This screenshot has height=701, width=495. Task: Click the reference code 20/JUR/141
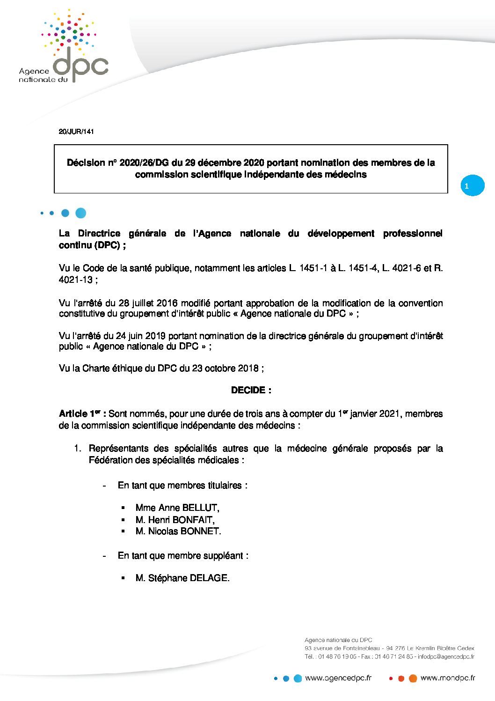tap(76, 132)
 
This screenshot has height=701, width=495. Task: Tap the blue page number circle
tap(473, 185)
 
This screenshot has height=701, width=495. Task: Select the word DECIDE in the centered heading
tap(248, 390)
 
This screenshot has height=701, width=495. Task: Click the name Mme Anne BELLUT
tap(177, 508)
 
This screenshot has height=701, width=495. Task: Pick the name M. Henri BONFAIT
tap(175, 520)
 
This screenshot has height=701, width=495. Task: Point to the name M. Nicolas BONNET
tap(178, 531)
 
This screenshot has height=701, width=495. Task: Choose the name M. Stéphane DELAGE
tap(182, 578)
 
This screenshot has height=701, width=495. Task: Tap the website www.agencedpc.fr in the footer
tap(338, 678)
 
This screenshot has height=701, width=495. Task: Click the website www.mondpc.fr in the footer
tap(448, 678)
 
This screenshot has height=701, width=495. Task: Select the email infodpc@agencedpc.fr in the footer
tap(446, 657)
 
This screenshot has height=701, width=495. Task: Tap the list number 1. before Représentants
tap(78, 449)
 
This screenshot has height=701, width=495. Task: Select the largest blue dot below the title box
tap(80, 213)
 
